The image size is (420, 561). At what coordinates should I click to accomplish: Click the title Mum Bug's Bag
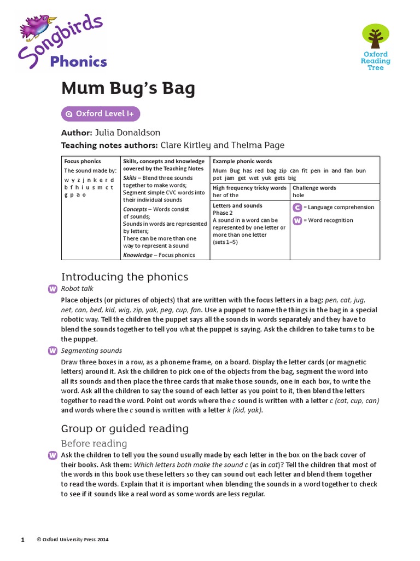point(128,88)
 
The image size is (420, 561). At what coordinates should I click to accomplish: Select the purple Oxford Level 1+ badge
point(101,114)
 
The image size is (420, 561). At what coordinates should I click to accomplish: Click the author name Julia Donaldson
point(127,133)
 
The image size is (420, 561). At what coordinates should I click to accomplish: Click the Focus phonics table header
point(83,162)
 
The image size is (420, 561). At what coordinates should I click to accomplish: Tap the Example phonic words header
point(242,162)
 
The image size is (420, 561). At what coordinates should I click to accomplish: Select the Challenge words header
point(314,188)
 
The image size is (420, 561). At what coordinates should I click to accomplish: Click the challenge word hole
point(299,195)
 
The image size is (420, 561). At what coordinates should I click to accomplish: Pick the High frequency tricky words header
point(249,188)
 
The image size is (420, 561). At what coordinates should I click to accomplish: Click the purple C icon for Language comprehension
point(297,207)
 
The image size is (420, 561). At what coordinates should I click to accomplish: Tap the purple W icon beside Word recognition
point(297,220)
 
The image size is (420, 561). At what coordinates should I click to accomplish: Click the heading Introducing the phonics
point(125,277)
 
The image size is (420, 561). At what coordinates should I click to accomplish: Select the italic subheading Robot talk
point(77,289)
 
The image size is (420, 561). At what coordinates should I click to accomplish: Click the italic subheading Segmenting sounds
point(91,351)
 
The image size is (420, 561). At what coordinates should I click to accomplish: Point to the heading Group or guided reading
point(125,428)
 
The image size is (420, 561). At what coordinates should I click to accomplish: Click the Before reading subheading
point(94,443)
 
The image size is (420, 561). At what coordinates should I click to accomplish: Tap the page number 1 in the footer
point(22,540)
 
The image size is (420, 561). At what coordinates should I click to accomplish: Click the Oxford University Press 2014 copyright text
point(73,540)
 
